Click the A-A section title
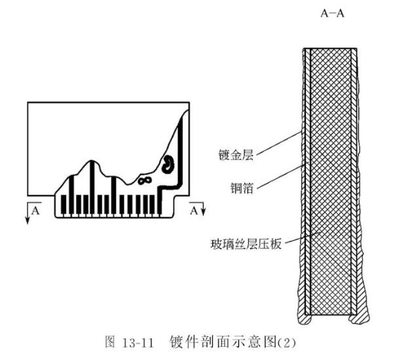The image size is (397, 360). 332,14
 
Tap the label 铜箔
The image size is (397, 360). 244,188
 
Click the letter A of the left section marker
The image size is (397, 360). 36,211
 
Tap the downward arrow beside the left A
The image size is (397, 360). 28,214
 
